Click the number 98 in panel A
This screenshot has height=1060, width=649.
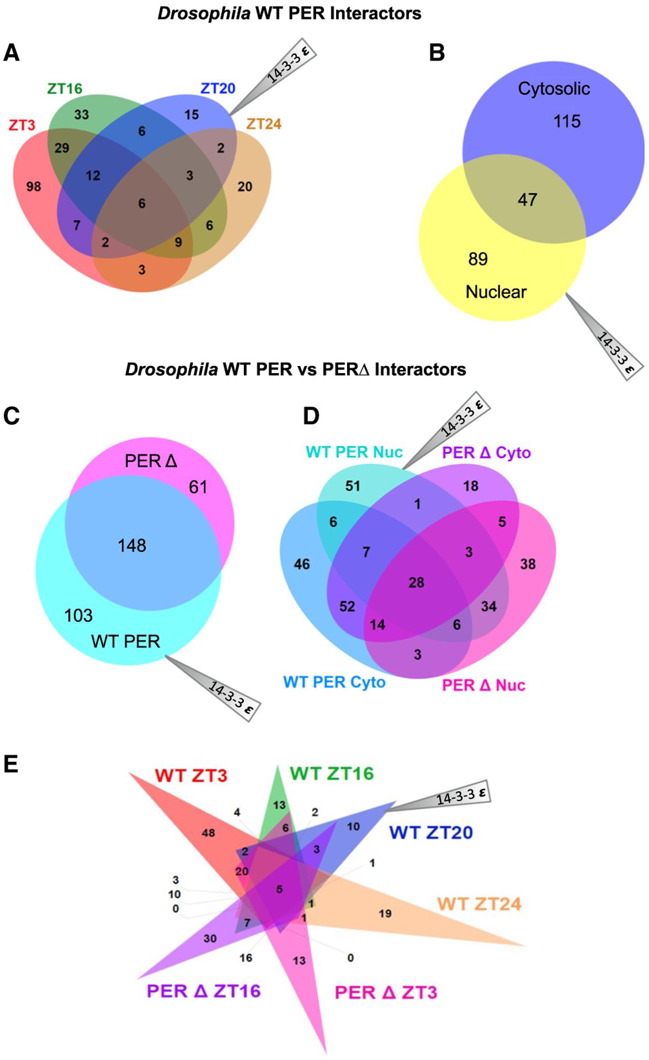tap(34, 187)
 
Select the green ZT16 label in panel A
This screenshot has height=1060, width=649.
tap(65, 88)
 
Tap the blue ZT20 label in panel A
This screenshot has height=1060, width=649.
tap(217, 88)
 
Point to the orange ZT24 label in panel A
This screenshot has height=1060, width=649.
tap(264, 124)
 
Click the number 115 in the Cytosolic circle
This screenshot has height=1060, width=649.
tap(567, 121)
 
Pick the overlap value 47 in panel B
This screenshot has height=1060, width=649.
tap(527, 200)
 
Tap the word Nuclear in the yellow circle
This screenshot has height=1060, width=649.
tap(496, 291)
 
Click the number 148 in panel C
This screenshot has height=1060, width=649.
tap(132, 546)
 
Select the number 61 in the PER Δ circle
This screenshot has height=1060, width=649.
tap(198, 487)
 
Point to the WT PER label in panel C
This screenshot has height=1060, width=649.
tap(126, 642)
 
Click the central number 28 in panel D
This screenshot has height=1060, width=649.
tap(416, 582)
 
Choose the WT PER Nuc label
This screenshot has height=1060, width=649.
tap(354, 452)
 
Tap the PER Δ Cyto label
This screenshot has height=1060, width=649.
tap(486, 453)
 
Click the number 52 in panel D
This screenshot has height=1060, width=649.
tap(347, 607)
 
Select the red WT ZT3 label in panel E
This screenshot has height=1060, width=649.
tap(191, 776)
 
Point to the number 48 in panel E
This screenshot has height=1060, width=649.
tap(208, 833)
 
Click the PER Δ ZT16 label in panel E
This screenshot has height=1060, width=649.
tap(203, 990)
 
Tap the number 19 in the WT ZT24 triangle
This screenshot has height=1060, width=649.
tap(385, 914)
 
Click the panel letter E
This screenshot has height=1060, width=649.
tap(10, 765)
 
